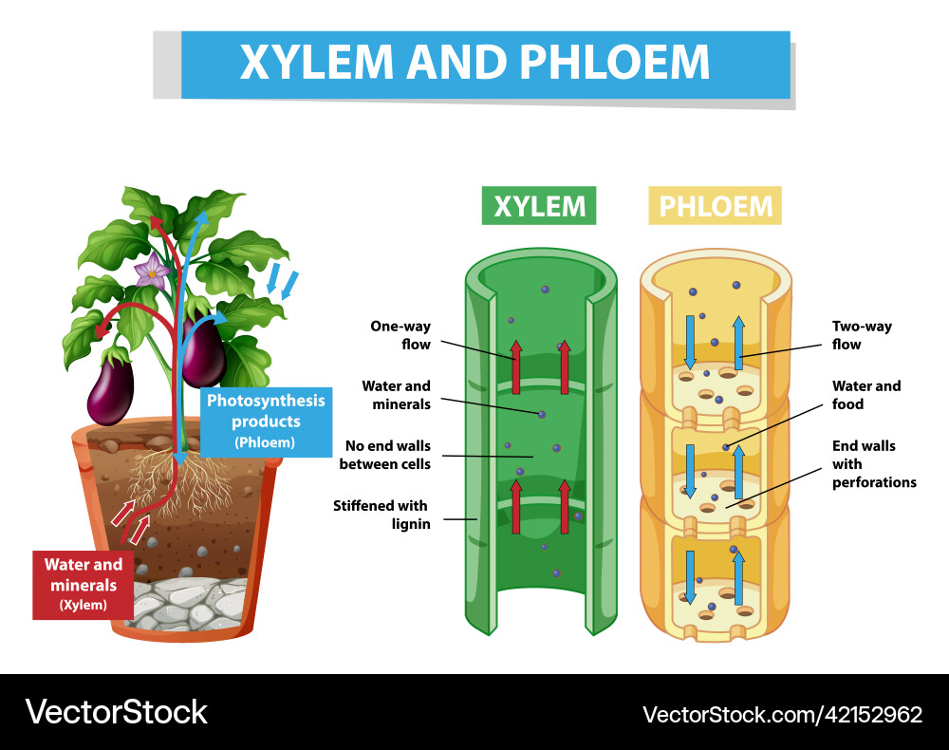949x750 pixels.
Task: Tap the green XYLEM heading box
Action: point(539,206)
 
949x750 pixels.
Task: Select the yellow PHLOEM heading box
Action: point(715,206)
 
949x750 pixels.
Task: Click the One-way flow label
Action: point(400,335)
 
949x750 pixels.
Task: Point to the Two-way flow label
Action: point(862,335)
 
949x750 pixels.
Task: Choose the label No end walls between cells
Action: point(385,455)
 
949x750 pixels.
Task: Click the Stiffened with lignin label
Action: point(381,515)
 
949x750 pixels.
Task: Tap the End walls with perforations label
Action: point(874,463)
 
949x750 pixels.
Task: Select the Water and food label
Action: point(866,395)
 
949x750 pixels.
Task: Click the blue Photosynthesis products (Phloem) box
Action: point(266,422)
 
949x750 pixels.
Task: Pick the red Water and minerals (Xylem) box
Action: point(83,585)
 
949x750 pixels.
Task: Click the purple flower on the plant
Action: point(151,272)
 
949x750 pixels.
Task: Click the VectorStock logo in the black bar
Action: point(116,712)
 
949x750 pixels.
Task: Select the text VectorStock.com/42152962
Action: point(782,715)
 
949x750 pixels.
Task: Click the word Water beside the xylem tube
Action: point(381,385)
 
